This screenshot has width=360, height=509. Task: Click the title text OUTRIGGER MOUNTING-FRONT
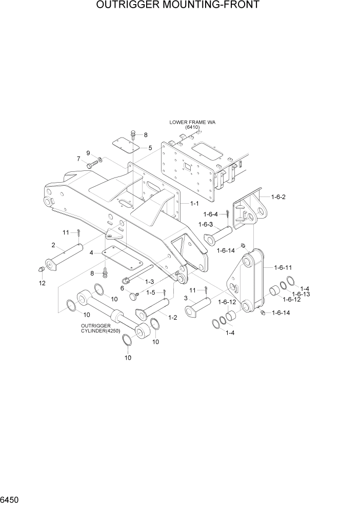[180, 6]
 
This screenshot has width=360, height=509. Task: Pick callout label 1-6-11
[283, 267]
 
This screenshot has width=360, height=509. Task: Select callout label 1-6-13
[302, 294]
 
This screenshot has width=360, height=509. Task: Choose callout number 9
[88, 153]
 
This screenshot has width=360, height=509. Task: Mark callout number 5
[150, 148]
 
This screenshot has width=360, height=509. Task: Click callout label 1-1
[194, 204]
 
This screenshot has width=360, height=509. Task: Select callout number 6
[122, 289]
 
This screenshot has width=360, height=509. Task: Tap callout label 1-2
[173, 318]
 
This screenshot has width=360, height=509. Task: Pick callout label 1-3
[150, 281]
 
